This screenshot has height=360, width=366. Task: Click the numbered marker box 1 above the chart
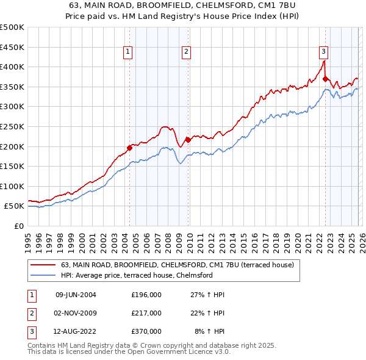pos(128,52)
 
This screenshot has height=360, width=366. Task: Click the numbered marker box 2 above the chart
pos(185,52)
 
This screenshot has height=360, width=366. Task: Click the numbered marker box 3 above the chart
pos(323,52)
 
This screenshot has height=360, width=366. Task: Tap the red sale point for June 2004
pos(129,148)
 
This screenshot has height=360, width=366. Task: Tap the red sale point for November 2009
pos(188,140)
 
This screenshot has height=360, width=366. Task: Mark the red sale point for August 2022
pos(325,79)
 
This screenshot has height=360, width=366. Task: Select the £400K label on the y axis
pos(12,67)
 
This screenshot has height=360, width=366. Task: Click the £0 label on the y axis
pos(18,226)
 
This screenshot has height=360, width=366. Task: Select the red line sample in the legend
pos(43,265)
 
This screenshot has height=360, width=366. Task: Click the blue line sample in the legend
pos(43,276)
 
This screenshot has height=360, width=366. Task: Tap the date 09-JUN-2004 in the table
pos(76,295)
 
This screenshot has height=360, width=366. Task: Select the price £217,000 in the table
pos(146,313)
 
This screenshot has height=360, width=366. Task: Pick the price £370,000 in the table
pos(146,331)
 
